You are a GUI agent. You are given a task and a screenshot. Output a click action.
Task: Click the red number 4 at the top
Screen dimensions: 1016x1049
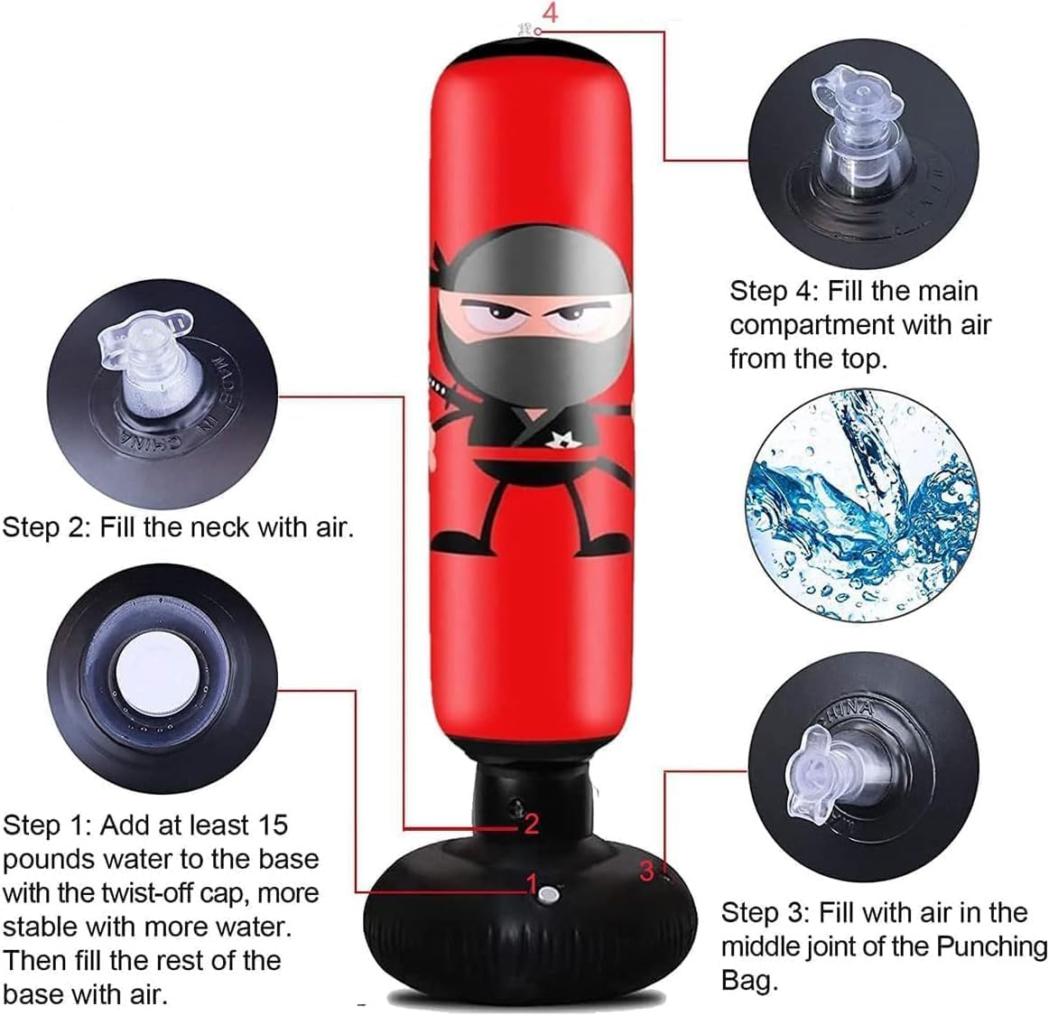550,13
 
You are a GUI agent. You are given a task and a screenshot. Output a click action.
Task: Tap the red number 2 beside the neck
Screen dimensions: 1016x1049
531,823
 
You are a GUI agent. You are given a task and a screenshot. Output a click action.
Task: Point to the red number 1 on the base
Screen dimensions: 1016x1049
532,882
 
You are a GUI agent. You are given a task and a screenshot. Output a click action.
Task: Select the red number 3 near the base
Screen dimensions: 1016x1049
646,871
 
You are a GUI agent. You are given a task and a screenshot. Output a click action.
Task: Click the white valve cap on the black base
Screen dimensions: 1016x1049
548,895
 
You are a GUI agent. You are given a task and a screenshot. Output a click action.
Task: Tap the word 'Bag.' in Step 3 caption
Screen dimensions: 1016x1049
749,980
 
